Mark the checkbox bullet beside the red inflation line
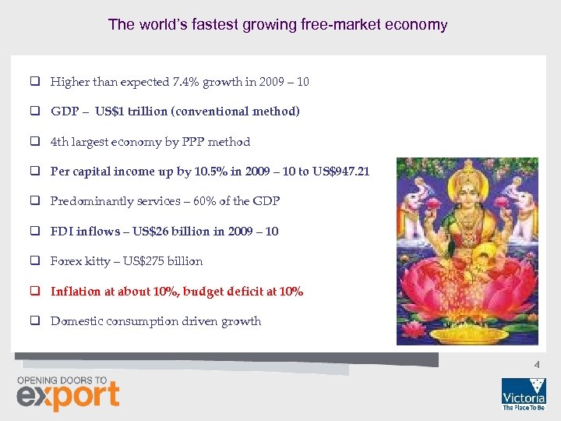36,292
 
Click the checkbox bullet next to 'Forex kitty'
36,261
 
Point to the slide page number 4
536,363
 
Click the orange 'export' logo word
69,395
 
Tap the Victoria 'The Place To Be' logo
524,394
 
